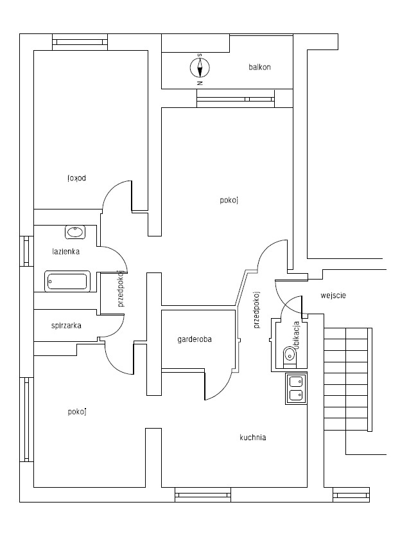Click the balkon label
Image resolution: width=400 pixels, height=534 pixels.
[260, 67]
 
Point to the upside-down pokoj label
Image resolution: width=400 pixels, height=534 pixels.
[76, 177]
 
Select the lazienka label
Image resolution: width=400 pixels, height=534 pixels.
[65, 252]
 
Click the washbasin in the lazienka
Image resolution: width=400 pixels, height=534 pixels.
[74, 231]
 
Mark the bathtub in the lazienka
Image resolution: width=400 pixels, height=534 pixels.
[66, 281]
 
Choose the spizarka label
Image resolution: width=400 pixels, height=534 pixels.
[66, 326]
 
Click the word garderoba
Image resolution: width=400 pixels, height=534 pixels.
[195, 339]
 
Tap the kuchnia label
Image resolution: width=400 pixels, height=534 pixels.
[252, 438]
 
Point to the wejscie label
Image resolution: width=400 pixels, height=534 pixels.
[333, 296]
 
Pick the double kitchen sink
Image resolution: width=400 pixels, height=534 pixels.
[296, 387]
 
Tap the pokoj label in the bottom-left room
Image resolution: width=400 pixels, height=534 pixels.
[76, 412]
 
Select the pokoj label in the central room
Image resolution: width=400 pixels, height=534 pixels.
[229, 200]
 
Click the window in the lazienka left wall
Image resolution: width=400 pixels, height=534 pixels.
[26, 251]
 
